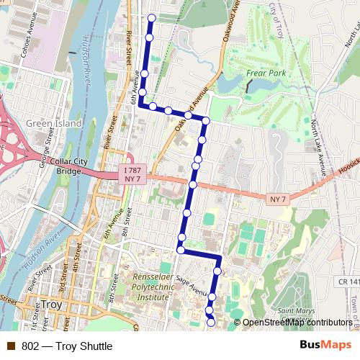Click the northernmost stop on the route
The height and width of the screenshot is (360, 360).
pos(151,17)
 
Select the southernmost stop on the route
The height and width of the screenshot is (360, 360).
pos(211,323)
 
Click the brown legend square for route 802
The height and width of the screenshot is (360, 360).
pos(11,346)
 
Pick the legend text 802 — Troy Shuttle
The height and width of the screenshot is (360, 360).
pos(67,346)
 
